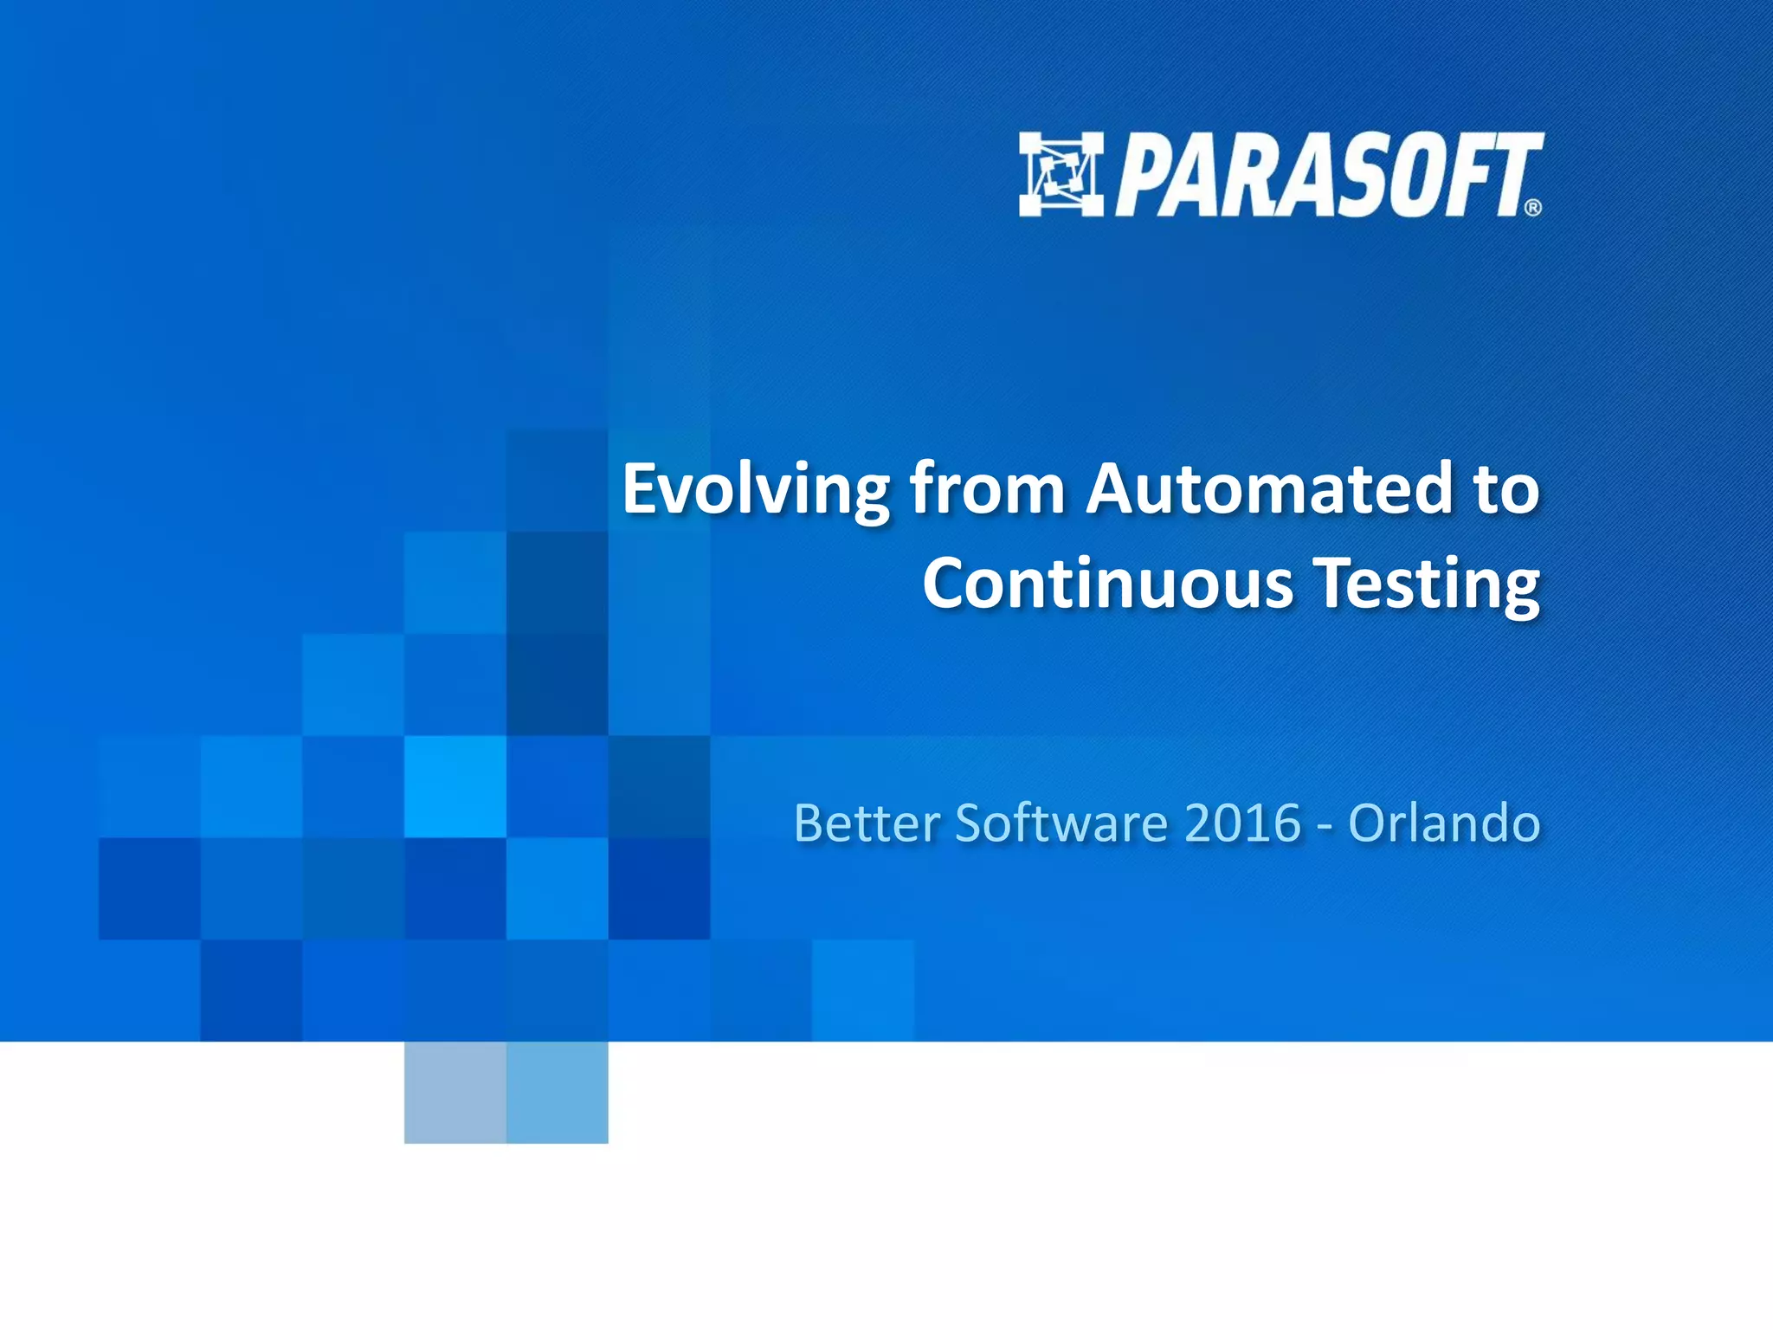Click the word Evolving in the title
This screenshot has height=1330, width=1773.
pyautogui.click(x=755, y=490)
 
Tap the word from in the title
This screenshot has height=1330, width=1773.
pyautogui.click(x=987, y=490)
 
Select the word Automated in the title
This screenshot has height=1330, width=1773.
pyautogui.click(x=1268, y=490)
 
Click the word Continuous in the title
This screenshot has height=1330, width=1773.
pyautogui.click(x=1107, y=584)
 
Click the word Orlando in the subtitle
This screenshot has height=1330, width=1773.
pyautogui.click(x=1444, y=823)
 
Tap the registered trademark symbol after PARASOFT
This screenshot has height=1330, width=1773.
pyautogui.click(x=1532, y=208)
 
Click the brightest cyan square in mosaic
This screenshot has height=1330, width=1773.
pyautogui.click(x=455, y=786)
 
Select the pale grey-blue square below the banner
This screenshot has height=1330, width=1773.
pyautogui.click(x=455, y=1092)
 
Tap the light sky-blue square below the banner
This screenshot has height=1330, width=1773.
pyautogui.click(x=557, y=1092)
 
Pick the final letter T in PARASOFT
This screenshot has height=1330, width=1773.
pyautogui.click(x=1511, y=173)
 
